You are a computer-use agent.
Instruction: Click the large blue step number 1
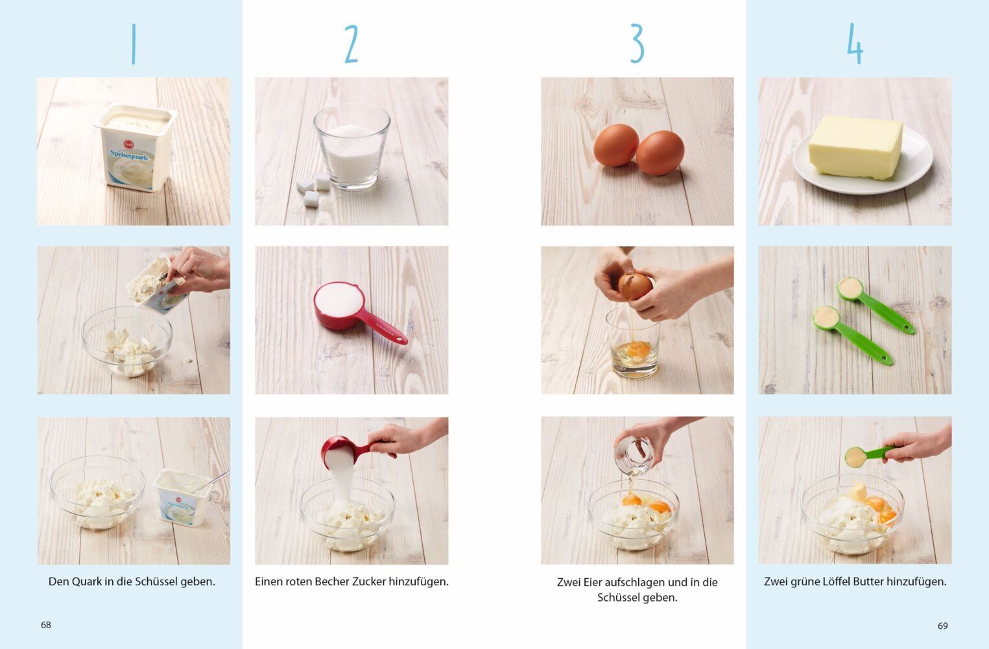click(134, 43)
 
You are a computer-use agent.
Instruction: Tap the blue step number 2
click(352, 43)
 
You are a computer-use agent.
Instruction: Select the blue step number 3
click(637, 43)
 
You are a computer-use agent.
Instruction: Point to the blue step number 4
click(855, 43)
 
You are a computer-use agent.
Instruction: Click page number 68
click(46, 625)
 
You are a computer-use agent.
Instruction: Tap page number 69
click(943, 626)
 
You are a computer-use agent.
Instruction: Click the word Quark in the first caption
click(87, 582)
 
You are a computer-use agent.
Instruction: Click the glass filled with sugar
click(352, 147)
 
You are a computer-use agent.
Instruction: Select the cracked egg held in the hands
click(635, 286)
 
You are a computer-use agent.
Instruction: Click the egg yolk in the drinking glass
click(638, 349)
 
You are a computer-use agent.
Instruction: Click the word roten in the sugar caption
click(299, 582)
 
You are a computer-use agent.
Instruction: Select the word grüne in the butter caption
click(805, 582)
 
